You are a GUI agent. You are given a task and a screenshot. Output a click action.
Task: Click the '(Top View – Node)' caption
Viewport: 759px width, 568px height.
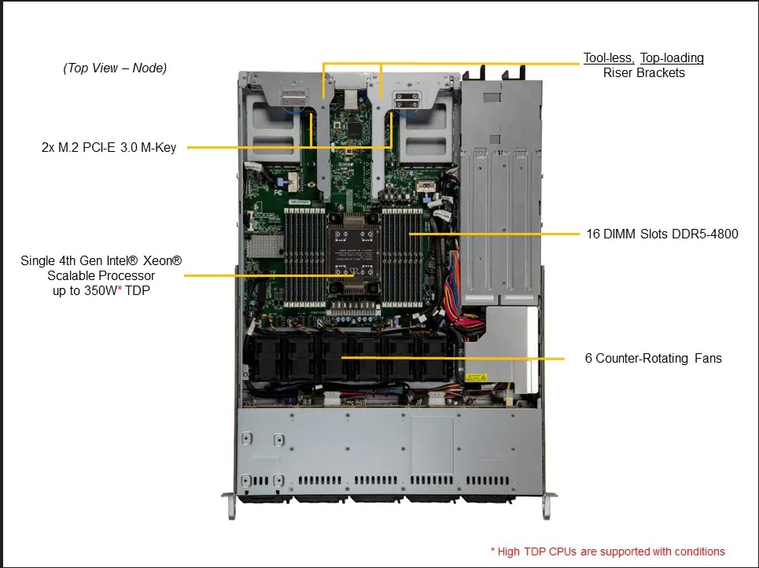(x=115, y=68)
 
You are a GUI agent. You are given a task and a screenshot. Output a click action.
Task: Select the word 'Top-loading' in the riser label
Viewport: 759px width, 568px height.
(x=672, y=58)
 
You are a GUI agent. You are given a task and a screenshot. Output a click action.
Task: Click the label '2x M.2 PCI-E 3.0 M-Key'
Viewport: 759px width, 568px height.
(x=109, y=147)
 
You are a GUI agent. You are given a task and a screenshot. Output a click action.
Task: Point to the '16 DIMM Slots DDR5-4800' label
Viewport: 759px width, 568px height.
(x=662, y=234)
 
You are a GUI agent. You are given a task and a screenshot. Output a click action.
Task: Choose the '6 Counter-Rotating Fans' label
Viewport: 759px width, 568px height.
(x=653, y=358)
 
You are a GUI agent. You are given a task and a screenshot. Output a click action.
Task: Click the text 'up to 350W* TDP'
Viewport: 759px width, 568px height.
(x=101, y=290)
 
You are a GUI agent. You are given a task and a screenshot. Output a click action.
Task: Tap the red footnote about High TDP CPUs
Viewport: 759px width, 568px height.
(x=607, y=551)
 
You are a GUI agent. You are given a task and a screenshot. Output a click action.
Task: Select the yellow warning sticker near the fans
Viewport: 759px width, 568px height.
(x=477, y=378)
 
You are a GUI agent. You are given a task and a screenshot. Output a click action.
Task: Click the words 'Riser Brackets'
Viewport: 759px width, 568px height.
(x=644, y=73)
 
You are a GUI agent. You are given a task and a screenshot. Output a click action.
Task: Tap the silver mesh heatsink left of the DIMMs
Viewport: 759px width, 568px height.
(x=264, y=247)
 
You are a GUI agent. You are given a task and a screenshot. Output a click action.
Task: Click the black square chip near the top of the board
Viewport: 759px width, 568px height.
(x=356, y=130)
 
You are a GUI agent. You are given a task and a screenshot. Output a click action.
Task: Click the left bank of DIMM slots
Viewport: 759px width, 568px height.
(x=304, y=257)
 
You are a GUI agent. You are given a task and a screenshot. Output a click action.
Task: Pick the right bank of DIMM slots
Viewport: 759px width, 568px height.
(x=402, y=257)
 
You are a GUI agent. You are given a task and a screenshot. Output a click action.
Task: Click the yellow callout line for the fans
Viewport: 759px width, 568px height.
(x=452, y=358)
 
